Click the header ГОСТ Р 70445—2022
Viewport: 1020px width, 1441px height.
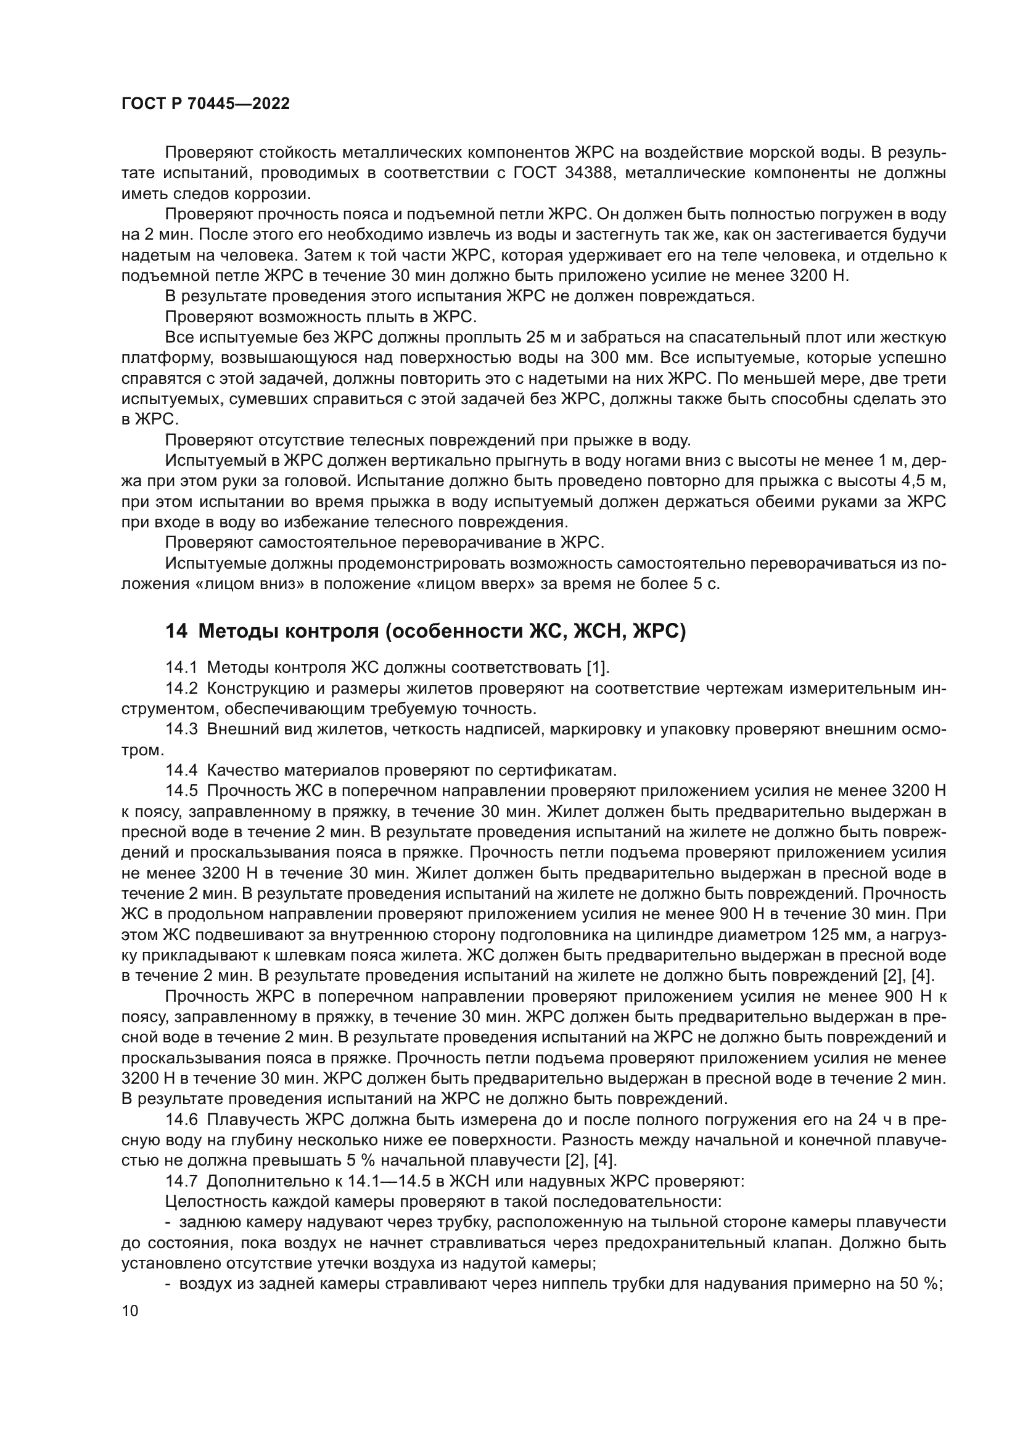(x=205, y=104)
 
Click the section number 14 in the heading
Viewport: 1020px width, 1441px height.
(x=176, y=631)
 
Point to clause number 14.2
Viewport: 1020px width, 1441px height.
(x=181, y=689)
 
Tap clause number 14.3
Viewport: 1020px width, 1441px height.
(x=181, y=729)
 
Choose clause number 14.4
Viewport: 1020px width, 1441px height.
(x=181, y=770)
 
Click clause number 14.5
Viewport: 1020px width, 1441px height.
(x=181, y=791)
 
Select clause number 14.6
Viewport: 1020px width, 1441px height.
(x=181, y=1119)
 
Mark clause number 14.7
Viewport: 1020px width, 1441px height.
(x=181, y=1181)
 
